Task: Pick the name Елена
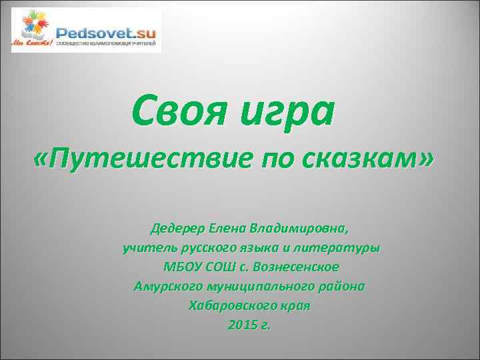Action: click(x=227, y=229)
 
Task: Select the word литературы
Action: click(x=343, y=248)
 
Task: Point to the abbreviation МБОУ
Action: click(x=179, y=267)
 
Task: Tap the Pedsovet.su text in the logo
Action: click(x=106, y=32)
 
